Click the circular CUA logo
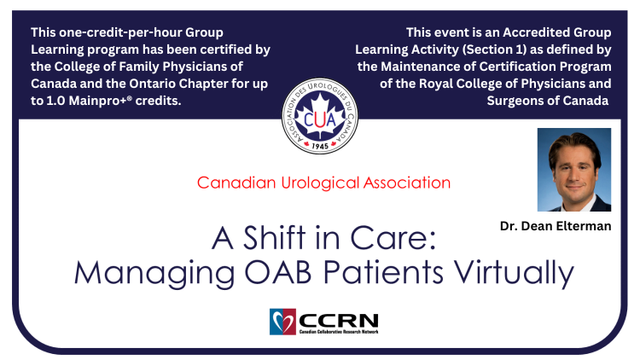point(320,116)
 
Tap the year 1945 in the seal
point(320,146)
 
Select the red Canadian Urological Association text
point(323,183)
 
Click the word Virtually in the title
point(515,275)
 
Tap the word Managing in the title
point(154,275)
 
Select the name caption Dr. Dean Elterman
point(556,226)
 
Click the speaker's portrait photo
point(574,170)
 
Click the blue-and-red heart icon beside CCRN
point(282,322)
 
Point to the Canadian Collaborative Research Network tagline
point(339,332)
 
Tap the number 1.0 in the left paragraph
point(55,101)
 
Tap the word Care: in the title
point(393,238)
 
